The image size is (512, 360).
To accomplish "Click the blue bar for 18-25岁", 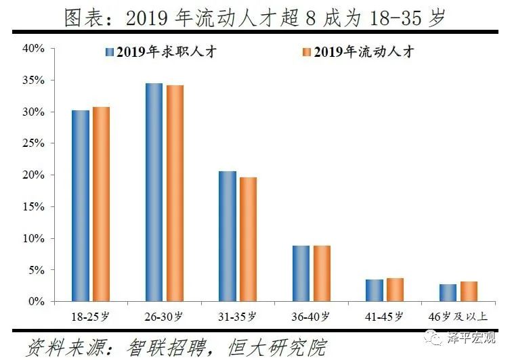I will coord(81,206).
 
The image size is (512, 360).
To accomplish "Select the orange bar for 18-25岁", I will coord(102,204).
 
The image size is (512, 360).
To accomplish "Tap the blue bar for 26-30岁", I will coord(154,192).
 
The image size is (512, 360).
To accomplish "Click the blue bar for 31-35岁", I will coord(228,236).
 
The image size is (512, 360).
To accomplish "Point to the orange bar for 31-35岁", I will coord(248,239).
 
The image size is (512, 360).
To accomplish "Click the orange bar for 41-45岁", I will coord(395,290).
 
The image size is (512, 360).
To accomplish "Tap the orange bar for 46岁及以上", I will coord(469,291).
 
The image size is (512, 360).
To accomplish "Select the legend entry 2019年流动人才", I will coord(358,52).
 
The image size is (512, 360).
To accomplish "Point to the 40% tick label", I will coord(34,49).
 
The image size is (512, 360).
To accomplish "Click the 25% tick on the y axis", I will coord(34,143).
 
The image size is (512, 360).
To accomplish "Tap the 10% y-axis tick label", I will coord(34,238).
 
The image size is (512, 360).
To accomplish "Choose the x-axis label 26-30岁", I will coord(165,316).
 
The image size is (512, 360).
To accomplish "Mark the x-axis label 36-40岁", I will coord(312,316).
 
